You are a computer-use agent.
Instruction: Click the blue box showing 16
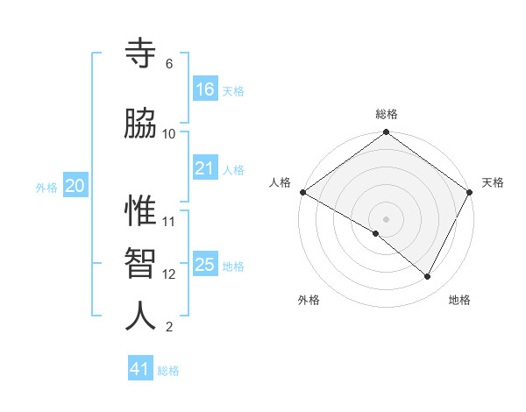(x=205, y=89)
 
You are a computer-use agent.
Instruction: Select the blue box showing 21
(x=205, y=168)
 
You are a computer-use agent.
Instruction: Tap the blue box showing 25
(x=205, y=265)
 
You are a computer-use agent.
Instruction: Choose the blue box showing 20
(x=75, y=186)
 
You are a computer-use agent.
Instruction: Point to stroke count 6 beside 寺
(x=169, y=64)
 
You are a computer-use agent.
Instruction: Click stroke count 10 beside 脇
(x=169, y=133)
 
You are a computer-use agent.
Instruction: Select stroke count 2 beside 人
(x=169, y=327)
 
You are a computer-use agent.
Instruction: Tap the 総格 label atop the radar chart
(x=387, y=114)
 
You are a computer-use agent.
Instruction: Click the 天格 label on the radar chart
(x=494, y=182)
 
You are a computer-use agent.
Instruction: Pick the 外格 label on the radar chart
(x=309, y=300)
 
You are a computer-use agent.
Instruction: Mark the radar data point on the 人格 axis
(x=302, y=192)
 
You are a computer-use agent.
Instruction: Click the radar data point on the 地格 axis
(x=428, y=277)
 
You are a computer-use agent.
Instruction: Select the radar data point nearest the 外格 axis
(x=376, y=233)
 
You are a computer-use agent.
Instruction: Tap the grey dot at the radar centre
(x=387, y=218)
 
